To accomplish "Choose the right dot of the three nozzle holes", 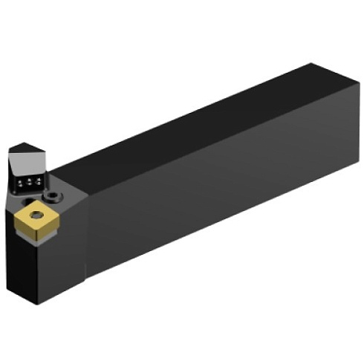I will tap(34, 181).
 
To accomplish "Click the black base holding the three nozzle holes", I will tap(28, 186).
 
